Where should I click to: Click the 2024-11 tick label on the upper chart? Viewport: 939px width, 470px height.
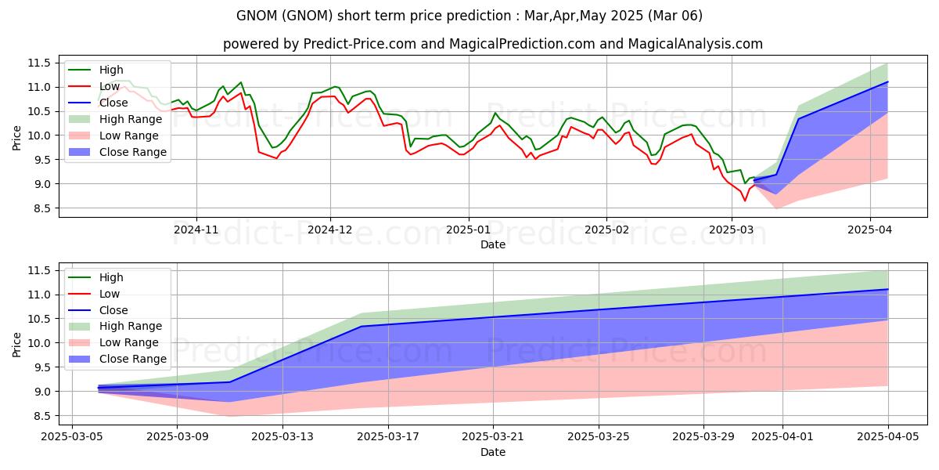[196, 231]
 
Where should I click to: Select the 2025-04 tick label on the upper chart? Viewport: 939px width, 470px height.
[870, 231]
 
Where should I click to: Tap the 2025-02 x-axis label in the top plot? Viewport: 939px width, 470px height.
[606, 231]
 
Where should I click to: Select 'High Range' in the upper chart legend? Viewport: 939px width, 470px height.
[131, 119]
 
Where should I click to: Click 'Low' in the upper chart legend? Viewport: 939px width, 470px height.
[110, 86]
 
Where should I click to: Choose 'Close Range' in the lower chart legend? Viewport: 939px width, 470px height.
[133, 359]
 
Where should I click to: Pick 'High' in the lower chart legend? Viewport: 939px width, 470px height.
[112, 277]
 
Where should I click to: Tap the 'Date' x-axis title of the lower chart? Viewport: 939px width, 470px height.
[493, 453]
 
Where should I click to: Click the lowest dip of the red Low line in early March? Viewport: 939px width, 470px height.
[745, 201]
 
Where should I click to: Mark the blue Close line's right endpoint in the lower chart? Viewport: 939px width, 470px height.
[887, 290]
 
